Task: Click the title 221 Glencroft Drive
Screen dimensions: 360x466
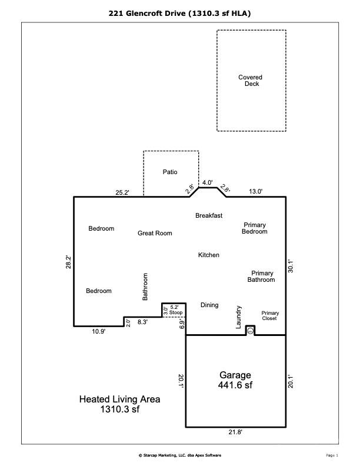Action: coord(147,14)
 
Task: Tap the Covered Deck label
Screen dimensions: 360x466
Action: coord(251,81)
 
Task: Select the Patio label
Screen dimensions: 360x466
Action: coord(170,172)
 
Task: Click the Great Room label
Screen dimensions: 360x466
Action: coord(155,233)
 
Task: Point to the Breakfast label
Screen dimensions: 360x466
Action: coord(209,215)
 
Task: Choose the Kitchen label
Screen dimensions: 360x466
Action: coord(208,255)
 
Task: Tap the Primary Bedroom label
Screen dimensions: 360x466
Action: coord(255,228)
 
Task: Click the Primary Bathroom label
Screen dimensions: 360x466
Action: coord(261,277)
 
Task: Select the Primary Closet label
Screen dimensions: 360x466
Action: coord(269,315)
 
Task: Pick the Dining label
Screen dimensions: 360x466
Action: coord(209,305)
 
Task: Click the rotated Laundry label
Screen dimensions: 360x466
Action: coord(238,317)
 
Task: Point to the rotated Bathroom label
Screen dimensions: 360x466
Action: coord(145,287)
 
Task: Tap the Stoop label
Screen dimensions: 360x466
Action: coord(176,312)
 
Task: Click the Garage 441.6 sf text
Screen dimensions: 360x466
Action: coord(235,380)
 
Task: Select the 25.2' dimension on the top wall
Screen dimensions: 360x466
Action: coord(122,192)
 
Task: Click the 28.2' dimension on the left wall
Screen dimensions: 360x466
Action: coord(68,262)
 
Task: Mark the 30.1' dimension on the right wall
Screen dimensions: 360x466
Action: coord(291,267)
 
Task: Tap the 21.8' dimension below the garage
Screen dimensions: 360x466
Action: coord(235,432)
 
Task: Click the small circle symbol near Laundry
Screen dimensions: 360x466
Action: coord(251,331)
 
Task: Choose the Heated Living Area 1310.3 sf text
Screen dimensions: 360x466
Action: coord(119,404)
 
